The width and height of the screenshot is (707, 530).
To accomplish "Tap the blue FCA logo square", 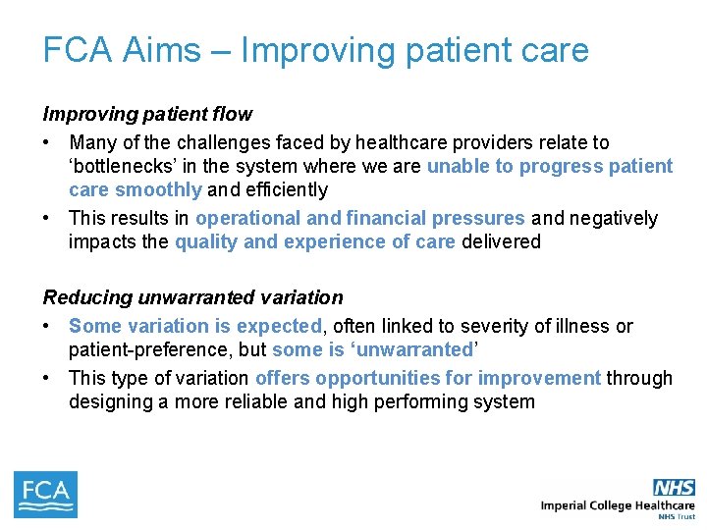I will pos(45,495).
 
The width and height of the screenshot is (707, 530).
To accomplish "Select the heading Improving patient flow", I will pos(147,114).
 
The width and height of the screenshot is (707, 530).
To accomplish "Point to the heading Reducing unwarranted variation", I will pos(192,297).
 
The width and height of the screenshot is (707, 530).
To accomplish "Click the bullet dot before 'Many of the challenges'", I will pos(48,143).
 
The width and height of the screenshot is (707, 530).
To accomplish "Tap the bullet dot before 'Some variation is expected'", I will pos(48,326).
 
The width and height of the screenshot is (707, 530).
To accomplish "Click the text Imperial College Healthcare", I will pos(618,505).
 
